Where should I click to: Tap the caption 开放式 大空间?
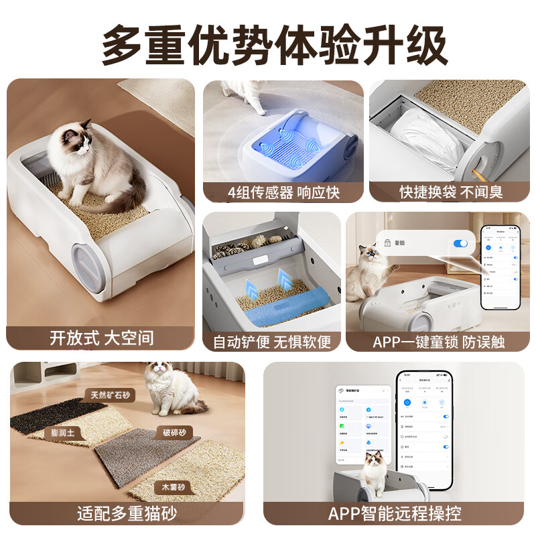[101, 338]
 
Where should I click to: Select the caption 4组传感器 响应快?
[283, 192]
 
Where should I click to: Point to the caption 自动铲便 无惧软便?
[272, 342]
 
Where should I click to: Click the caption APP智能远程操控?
[395, 514]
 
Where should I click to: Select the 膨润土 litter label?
[67, 433]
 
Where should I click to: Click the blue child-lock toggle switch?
[460, 243]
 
